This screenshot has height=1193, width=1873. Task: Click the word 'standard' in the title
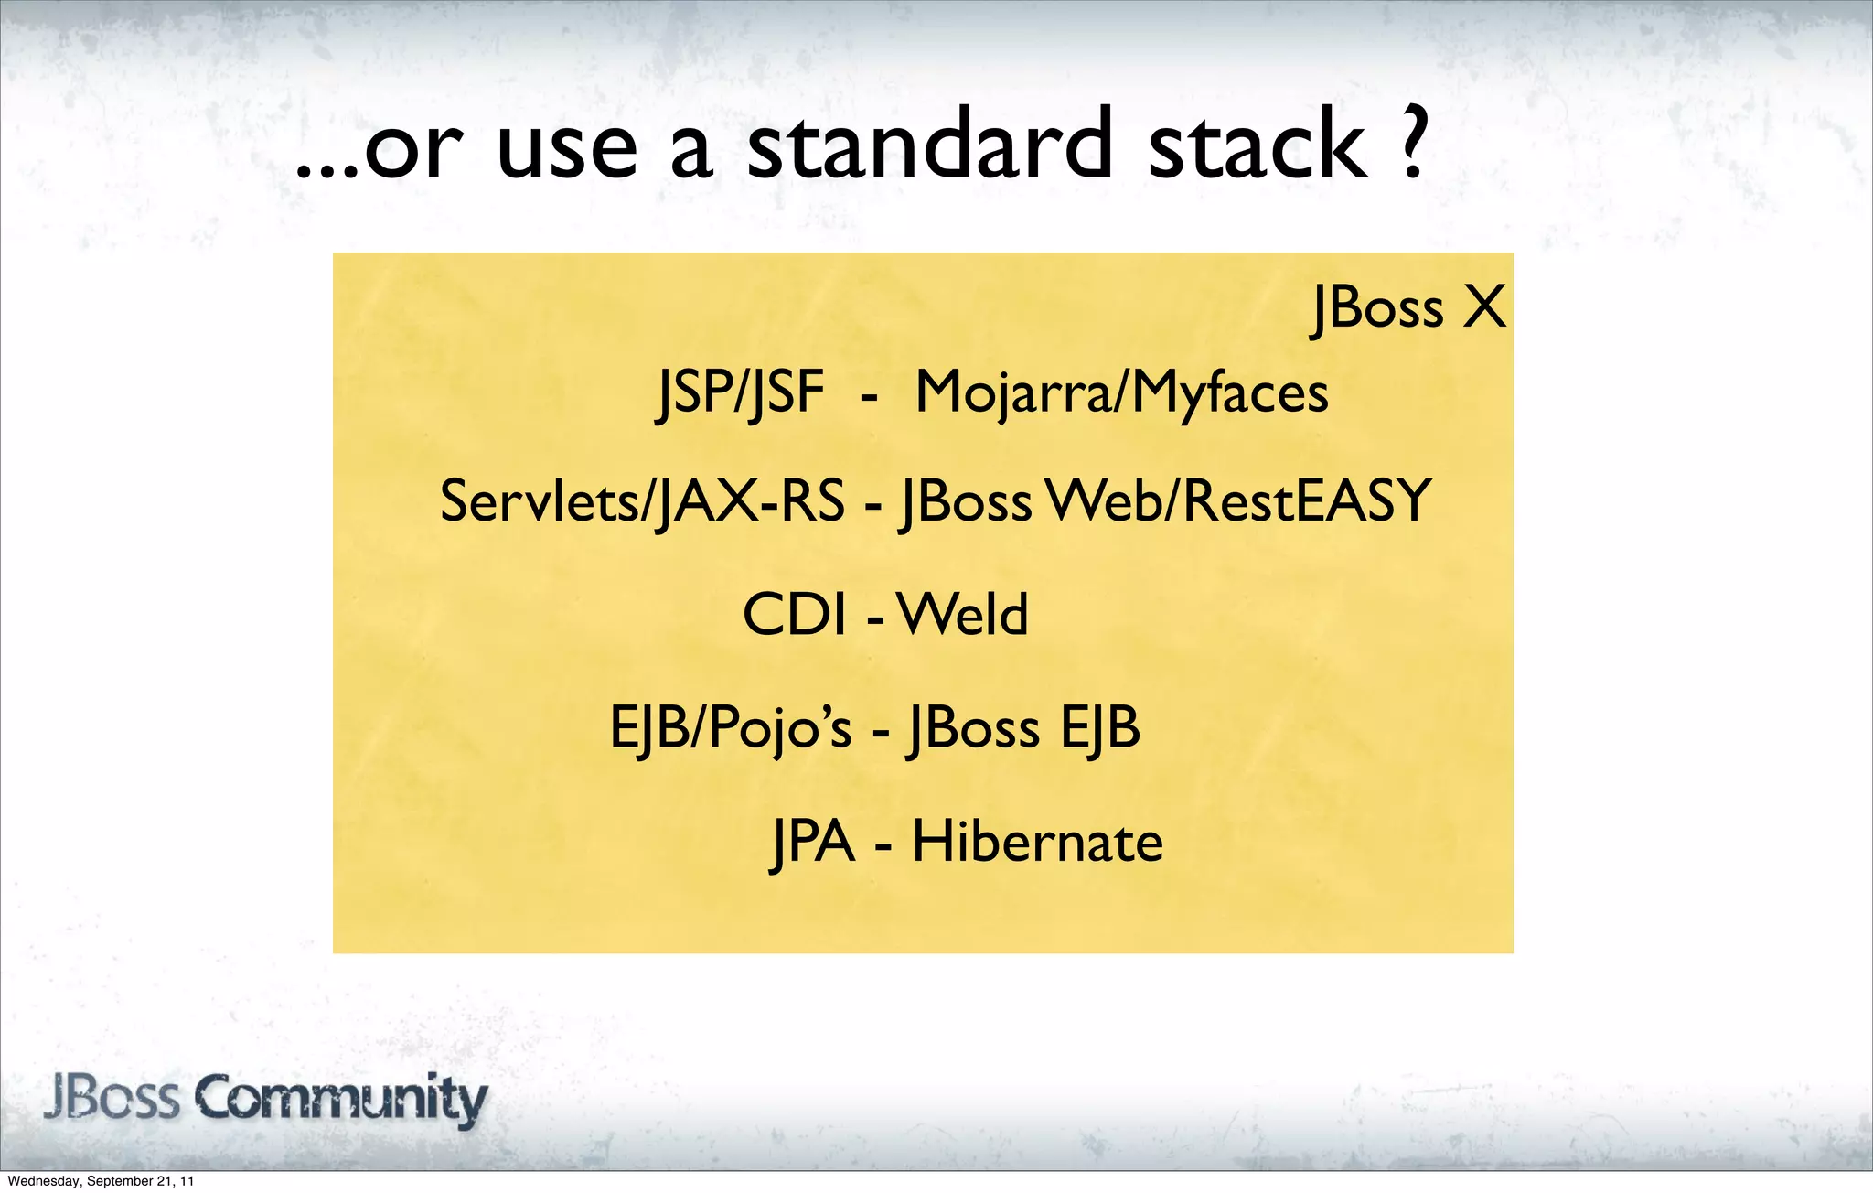[x=930, y=146]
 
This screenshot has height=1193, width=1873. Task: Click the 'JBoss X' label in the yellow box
[x=1408, y=307]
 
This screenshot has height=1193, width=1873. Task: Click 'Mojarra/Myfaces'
[x=1121, y=393]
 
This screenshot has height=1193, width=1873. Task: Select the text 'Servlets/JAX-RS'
[x=642, y=501]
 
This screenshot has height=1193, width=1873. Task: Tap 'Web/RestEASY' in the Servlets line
[x=1239, y=501]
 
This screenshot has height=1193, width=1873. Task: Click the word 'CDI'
[x=794, y=614]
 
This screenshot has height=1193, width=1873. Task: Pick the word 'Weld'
[x=962, y=614]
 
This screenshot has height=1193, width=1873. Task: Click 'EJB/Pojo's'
[x=730, y=729]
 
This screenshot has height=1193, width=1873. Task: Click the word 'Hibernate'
[x=1037, y=842]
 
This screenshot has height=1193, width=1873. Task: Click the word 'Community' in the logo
[x=340, y=1099]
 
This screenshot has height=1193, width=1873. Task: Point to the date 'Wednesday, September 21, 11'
[x=101, y=1181]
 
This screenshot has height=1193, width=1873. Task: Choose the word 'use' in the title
[x=567, y=151]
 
